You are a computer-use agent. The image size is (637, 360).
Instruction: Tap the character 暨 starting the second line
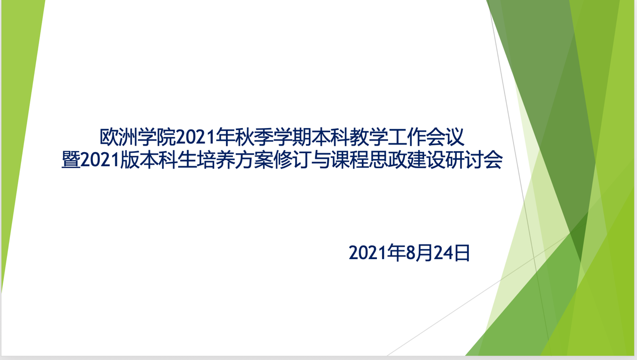71,160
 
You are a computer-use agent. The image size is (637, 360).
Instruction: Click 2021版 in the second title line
110,160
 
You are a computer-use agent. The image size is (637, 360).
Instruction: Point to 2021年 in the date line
377,253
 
